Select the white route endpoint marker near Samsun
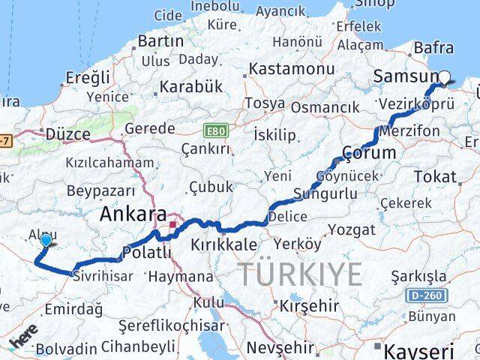[x=445, y=76]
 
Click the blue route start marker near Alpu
[x=46, y=241]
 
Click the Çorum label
[x=368, y=154]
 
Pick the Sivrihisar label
[x=103, y=277]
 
